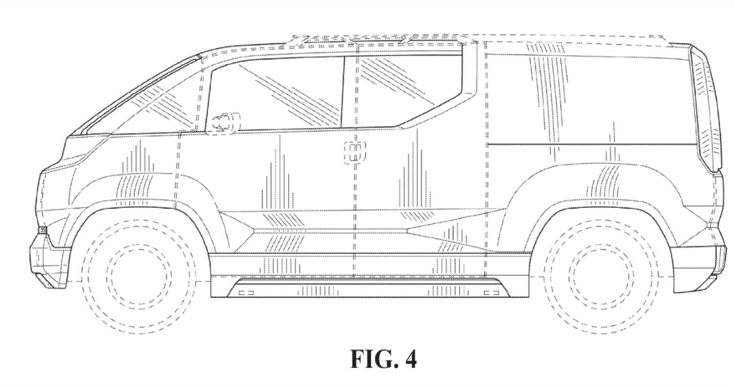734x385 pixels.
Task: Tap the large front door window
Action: click(275, 95)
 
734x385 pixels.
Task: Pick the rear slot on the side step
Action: click(491, 293)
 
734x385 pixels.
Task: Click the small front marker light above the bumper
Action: click(43, 230)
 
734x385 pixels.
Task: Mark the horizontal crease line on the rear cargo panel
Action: click(591, 144)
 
